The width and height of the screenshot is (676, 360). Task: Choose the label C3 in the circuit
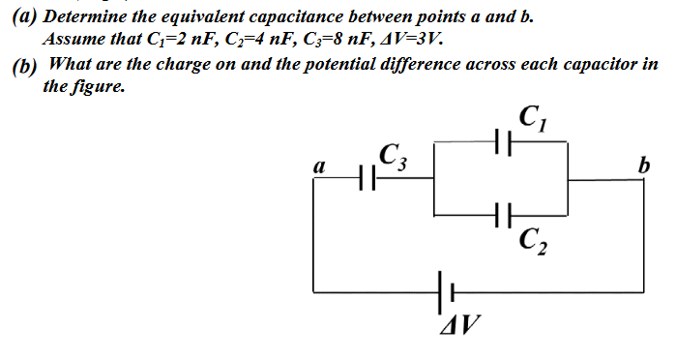(392, 155)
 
